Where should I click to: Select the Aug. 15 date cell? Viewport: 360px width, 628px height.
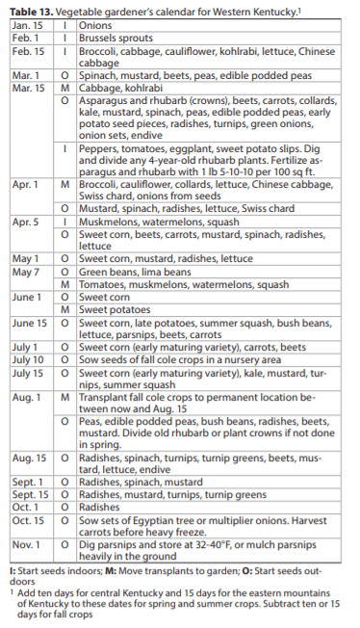(30, 459)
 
